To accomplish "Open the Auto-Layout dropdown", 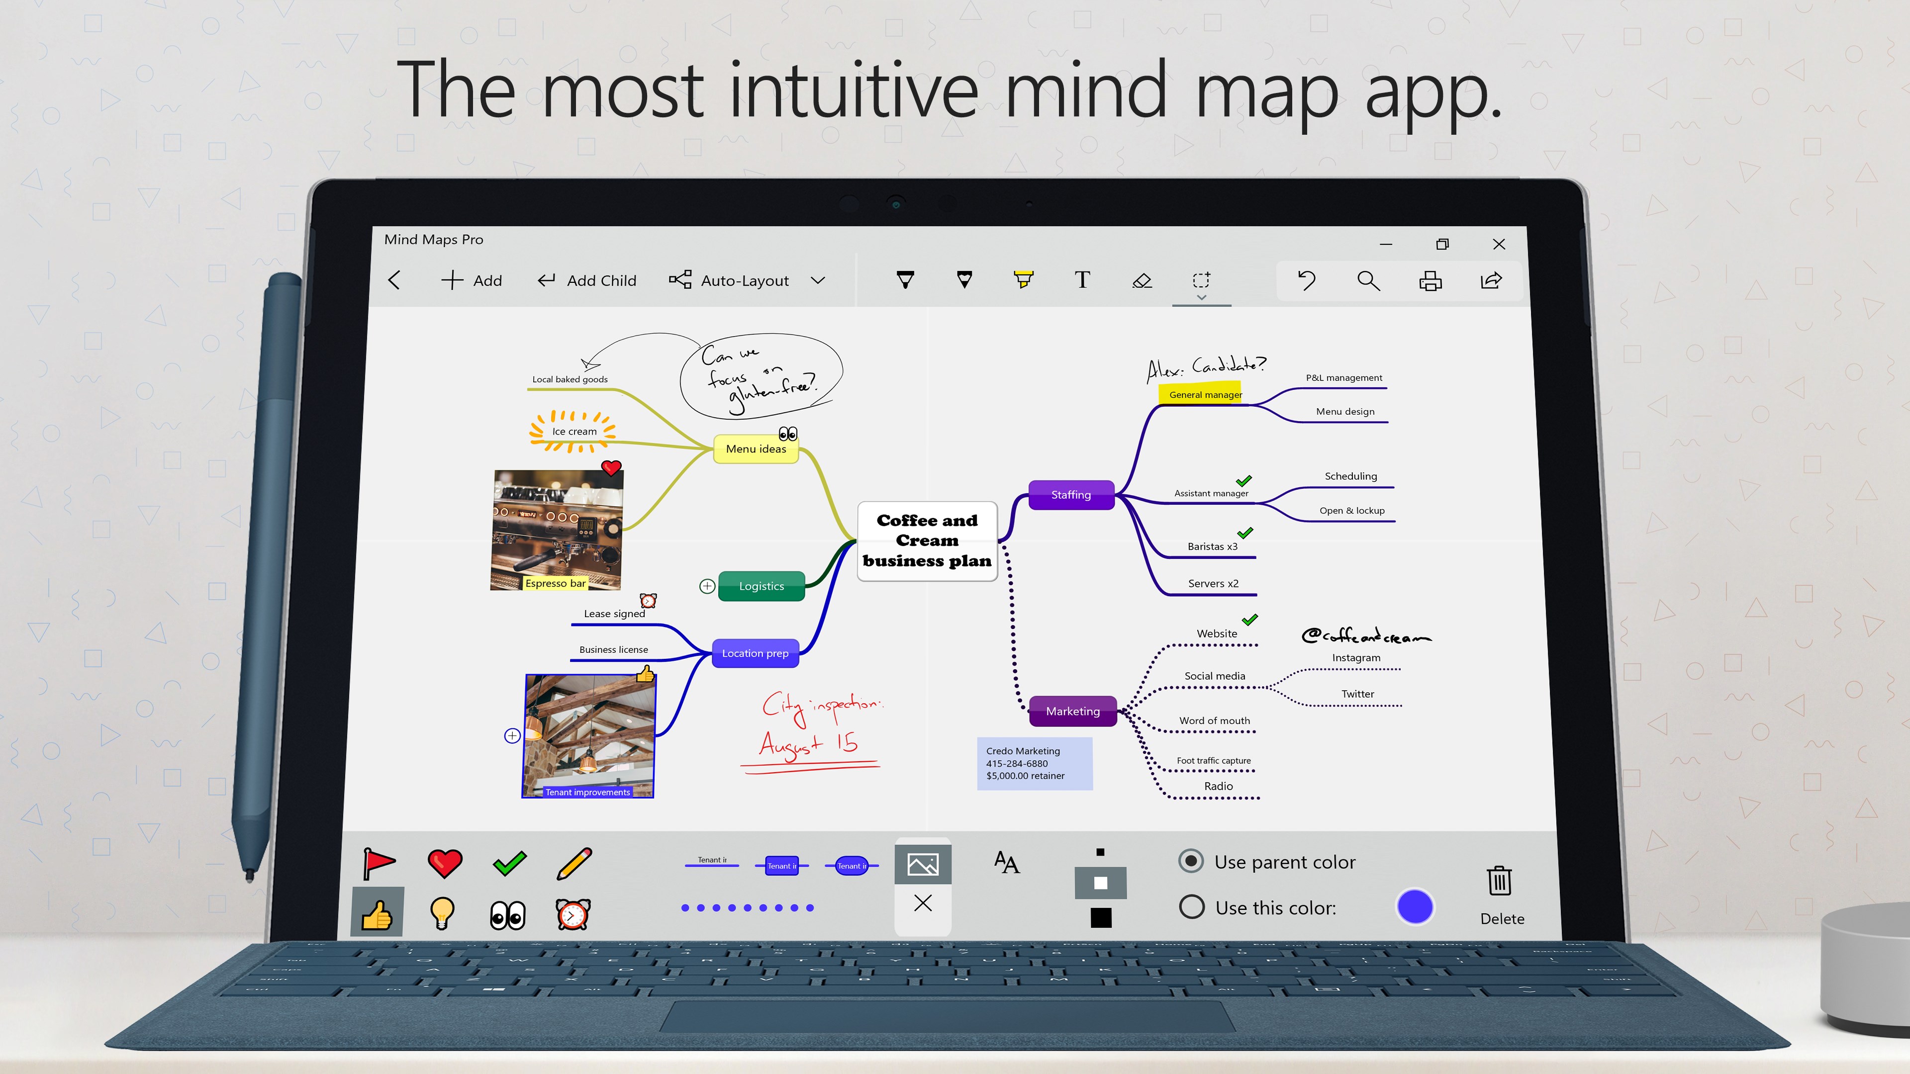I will coord(817,280).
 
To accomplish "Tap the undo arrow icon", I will coord(1307,280).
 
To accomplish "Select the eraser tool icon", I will coord(1142,280).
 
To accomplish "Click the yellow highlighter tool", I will coord(1023,279).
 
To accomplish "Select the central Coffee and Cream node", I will coord(927,540).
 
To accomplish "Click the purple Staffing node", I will coord(1071,494).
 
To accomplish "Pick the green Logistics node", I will coord(762,586).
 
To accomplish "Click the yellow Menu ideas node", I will coord(756,448).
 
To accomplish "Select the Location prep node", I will coord(755,653).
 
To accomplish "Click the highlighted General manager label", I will coord(1205,394).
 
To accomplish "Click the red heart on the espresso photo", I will coord(611,468).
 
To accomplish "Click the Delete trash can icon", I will coord(1499,881).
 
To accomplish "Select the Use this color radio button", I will coord(1192,906).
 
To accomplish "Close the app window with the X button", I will coord(1499,244).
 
